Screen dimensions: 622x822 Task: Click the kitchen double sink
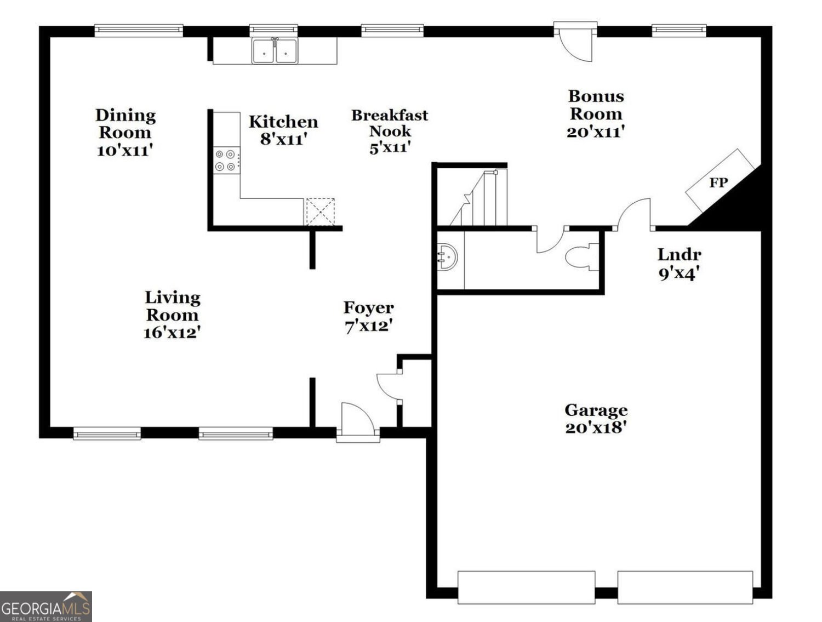275,52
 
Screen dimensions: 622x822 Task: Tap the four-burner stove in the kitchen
226,160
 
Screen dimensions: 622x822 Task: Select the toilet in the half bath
582,257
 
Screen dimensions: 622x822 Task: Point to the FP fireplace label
718,182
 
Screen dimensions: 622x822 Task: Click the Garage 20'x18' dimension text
596,427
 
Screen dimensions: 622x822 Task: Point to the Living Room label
172,306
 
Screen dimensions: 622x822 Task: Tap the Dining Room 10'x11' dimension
124,150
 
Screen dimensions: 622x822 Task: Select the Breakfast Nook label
390,123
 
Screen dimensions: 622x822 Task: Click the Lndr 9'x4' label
679,263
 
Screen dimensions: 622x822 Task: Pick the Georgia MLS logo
45,607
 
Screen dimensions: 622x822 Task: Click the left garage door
526,587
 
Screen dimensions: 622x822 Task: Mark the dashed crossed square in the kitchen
320,212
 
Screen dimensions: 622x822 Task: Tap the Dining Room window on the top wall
139,30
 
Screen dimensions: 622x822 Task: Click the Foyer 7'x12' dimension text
368,326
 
